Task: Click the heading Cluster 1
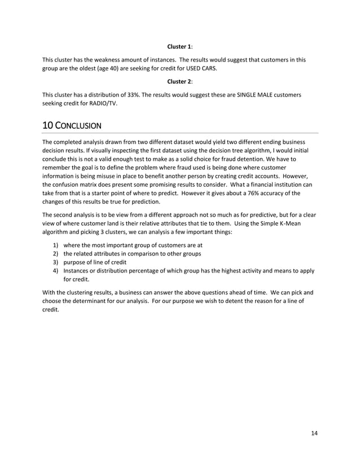click(180, 46)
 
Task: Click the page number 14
click(314, 433)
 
